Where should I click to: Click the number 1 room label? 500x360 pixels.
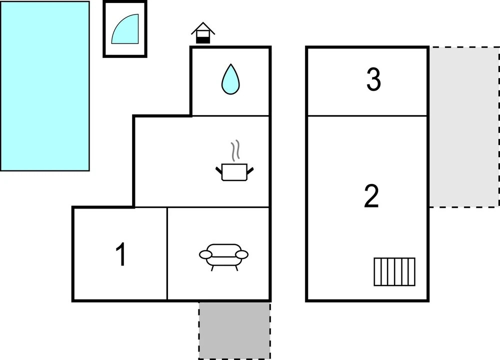click(121, 254)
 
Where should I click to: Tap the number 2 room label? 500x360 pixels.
click(371, 196)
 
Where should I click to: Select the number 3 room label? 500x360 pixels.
click(373, 79)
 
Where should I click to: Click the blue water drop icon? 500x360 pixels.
click(230, 79)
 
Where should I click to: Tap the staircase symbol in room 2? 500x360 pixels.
click(394, 271)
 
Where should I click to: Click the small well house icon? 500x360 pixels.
click(203, 33)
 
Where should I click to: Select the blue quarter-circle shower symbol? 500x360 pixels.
click(125, 28)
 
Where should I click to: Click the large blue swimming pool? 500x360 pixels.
click(44, 86)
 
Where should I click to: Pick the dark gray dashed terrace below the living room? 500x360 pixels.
click(234, 330)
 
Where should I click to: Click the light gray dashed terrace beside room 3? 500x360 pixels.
click(464, 127)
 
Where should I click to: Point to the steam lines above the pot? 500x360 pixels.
click(235, 150)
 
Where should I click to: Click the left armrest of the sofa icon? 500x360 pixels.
click(205, 254)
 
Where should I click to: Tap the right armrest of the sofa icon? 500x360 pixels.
click(241, 254)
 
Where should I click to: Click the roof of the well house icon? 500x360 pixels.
click(203, 27)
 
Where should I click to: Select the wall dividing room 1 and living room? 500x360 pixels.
click(167, 254)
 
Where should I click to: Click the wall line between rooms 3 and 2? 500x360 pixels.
click(367, 115)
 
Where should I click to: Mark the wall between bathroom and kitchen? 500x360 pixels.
click(230, 115)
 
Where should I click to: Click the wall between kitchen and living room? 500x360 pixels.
click(202, 207)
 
